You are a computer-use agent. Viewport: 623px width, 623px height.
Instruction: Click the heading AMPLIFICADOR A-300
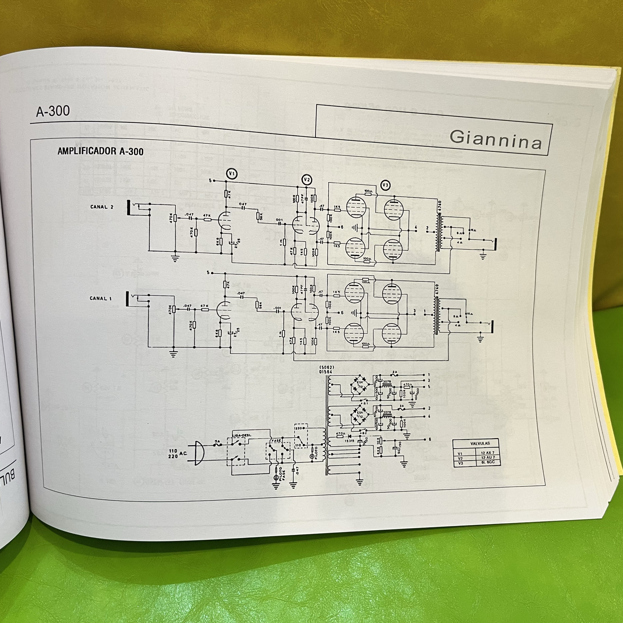coord(100,151)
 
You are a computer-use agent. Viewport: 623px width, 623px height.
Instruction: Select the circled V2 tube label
coord(307,180)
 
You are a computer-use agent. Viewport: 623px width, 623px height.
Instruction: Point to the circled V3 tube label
coord(385,186)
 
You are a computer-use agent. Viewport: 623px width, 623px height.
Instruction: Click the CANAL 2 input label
coord(102,207)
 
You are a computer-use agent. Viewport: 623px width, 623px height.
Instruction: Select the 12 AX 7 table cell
coord(488,453)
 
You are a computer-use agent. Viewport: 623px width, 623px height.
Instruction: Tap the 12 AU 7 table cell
coord(488,458)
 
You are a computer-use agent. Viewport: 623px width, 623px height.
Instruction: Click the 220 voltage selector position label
coord(298,428)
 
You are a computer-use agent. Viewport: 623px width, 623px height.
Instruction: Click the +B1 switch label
coord(364,403)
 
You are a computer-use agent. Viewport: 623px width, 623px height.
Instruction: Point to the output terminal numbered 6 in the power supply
coord(430,439)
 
